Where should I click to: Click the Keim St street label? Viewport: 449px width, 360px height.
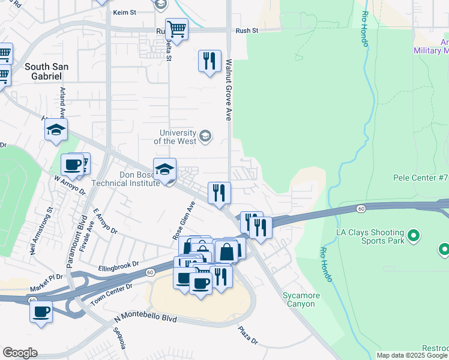pyautogui.click(x=125, y=11)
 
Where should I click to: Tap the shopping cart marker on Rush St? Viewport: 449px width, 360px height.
pyautogui.click(x=176, y=28)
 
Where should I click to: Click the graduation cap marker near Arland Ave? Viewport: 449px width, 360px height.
pyautogui.click(x=56, y=130)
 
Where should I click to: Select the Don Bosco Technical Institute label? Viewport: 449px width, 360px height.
pyautogui.click(x=125, y=179)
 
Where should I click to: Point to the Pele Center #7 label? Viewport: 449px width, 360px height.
pyautogui.click(x=420, y=178)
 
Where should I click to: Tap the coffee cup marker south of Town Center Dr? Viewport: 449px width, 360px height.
pyautogui.click(x=41, y=311)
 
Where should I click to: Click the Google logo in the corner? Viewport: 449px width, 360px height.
pyautogui.click(x=20, y=353)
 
